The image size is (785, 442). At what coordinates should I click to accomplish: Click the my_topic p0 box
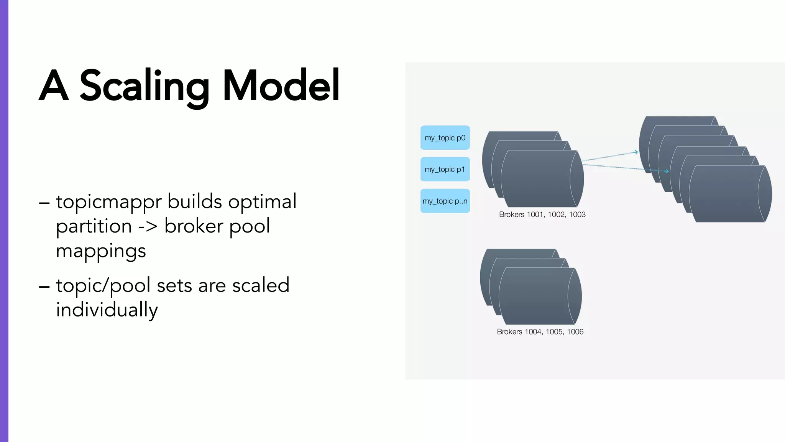tap(445, 138)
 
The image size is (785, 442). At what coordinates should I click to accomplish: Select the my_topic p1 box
tap(445, 169)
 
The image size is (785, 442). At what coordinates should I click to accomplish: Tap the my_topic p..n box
tap(445, 201)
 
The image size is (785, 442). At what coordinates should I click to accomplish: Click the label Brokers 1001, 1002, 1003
tap(542, 214)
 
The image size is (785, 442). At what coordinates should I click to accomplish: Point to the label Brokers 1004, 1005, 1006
tap(540, 332)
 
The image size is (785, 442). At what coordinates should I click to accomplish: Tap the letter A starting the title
tap(54, 86)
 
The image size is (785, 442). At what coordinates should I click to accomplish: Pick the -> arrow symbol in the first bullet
tap(148, 226)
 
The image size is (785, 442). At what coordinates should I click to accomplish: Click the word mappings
tap(101, 251)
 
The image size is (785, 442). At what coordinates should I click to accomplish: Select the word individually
tap(107, 310)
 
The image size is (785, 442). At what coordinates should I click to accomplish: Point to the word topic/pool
tap(103, 286)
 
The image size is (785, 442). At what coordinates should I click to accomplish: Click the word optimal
tap(262, 201)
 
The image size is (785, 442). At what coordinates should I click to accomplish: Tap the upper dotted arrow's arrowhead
tap(636, 152)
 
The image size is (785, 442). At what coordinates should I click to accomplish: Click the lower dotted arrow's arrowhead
tap(667, 171)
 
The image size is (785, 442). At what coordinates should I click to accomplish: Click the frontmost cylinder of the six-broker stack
tap(728, 194)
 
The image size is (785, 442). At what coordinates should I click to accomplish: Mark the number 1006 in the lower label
tap(575, 332)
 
